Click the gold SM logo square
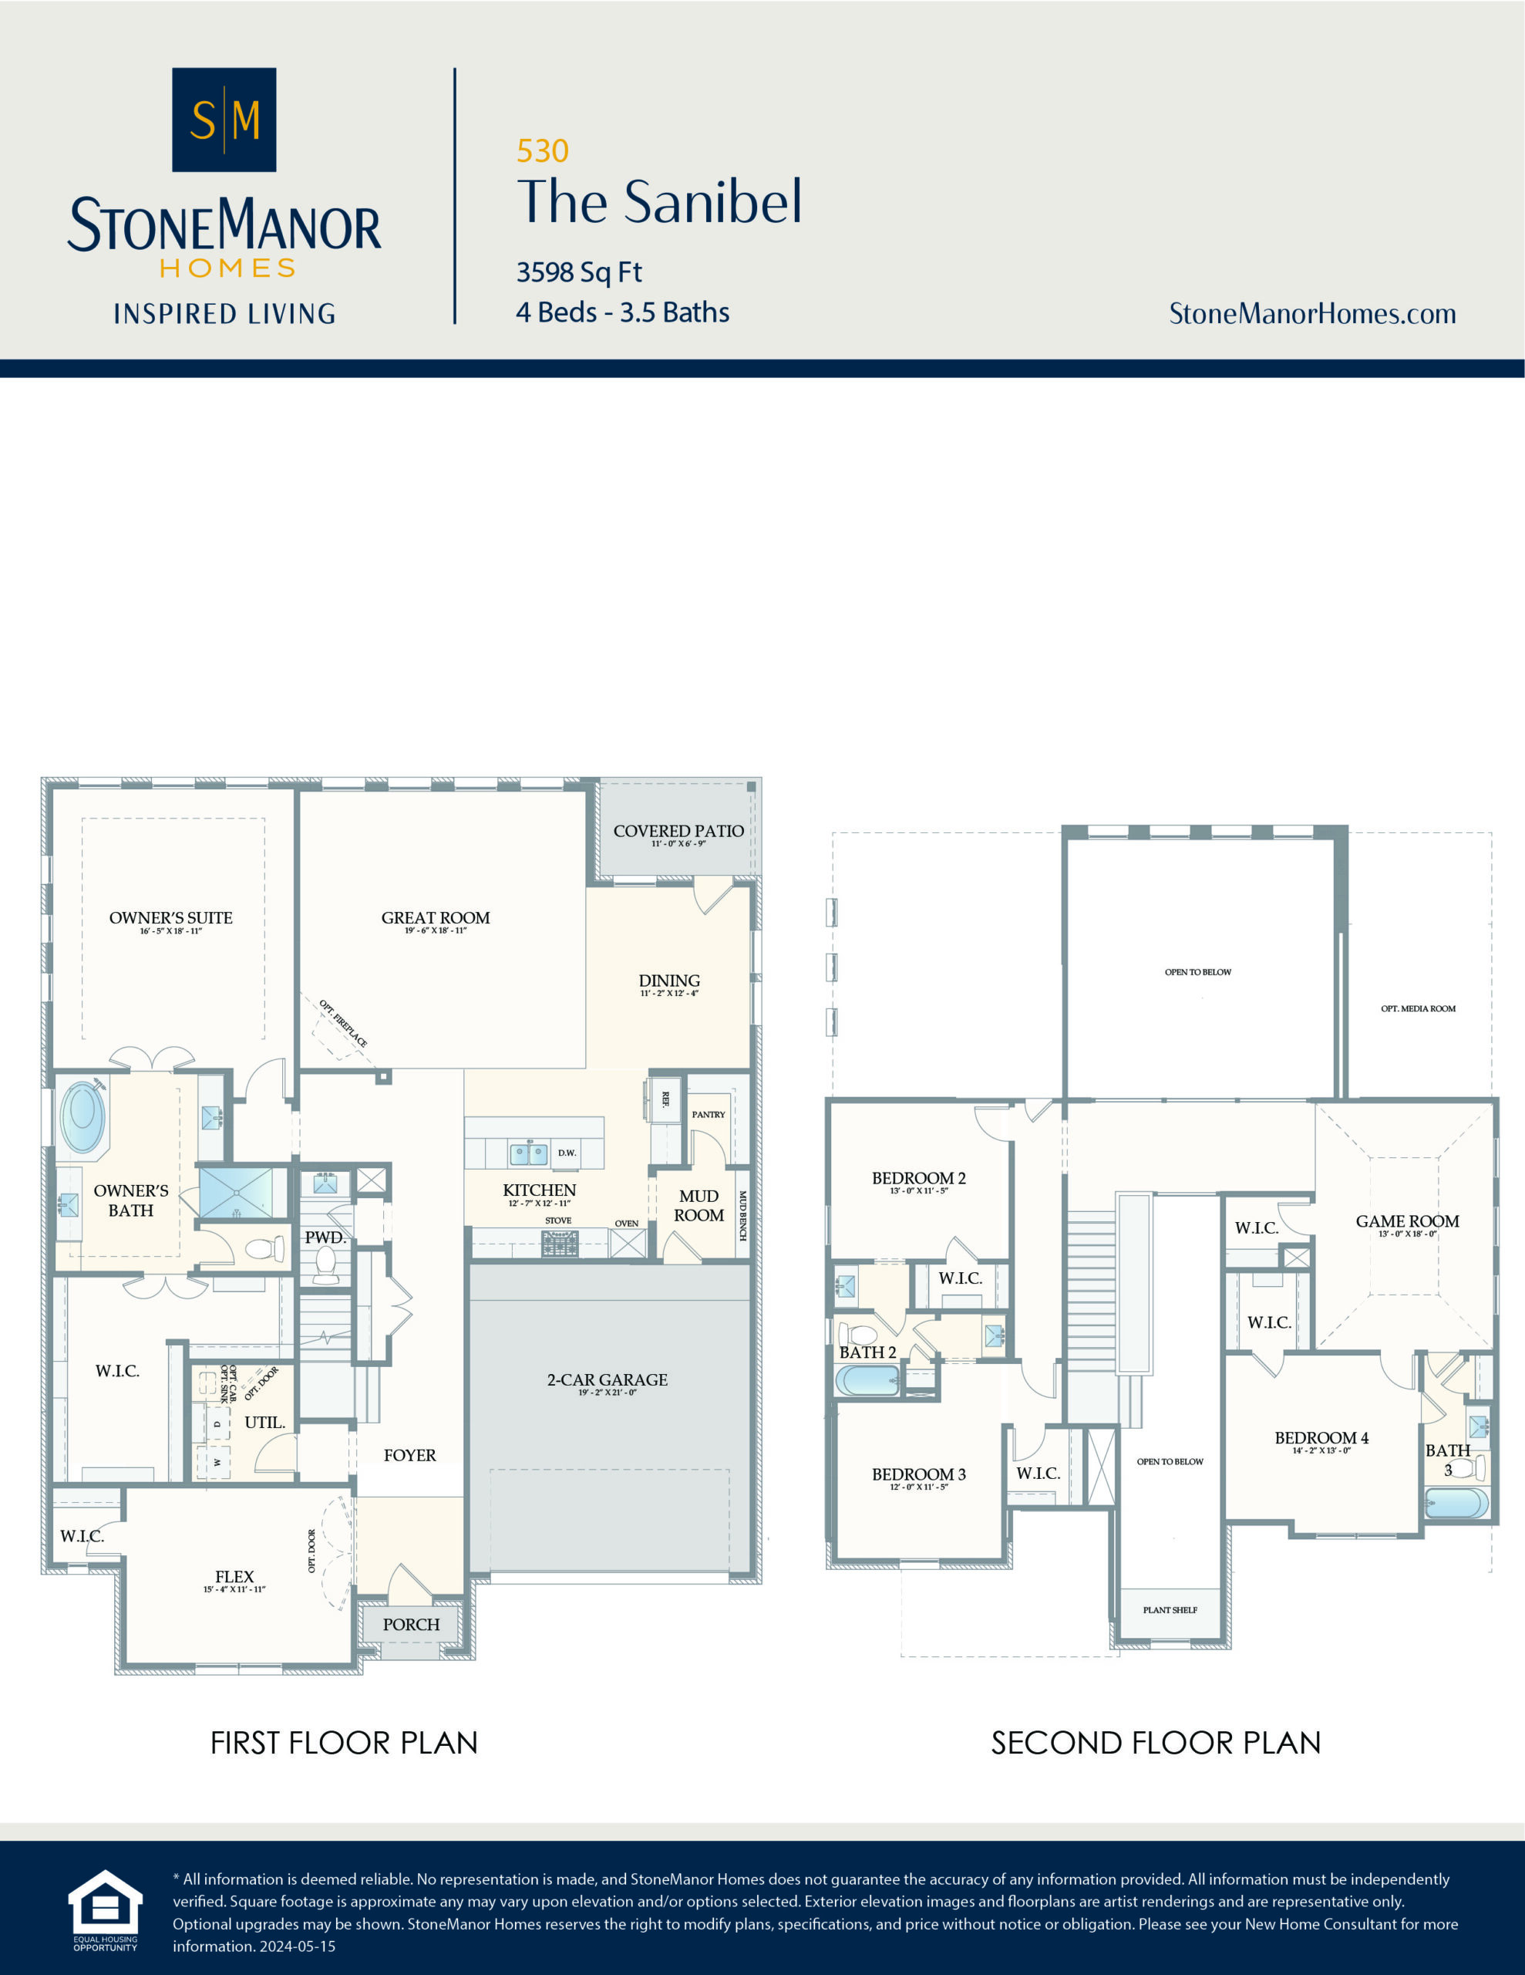click(224, 120)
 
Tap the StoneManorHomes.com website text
click(1311, 314)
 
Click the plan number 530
click(542, 151)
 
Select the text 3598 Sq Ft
click(578, 272)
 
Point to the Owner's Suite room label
click(171, 918)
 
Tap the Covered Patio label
click(678, 831)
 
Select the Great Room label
click(435, 918)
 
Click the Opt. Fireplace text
click(344, 1024)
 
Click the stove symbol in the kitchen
click(560, 1243)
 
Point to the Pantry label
click(708, 1114)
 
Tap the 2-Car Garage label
click(607, 1380)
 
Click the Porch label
click(410, 1624)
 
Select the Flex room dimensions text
click(234, 1588)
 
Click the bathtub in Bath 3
click(1456, 1504)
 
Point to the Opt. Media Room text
click(1417, 1008)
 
